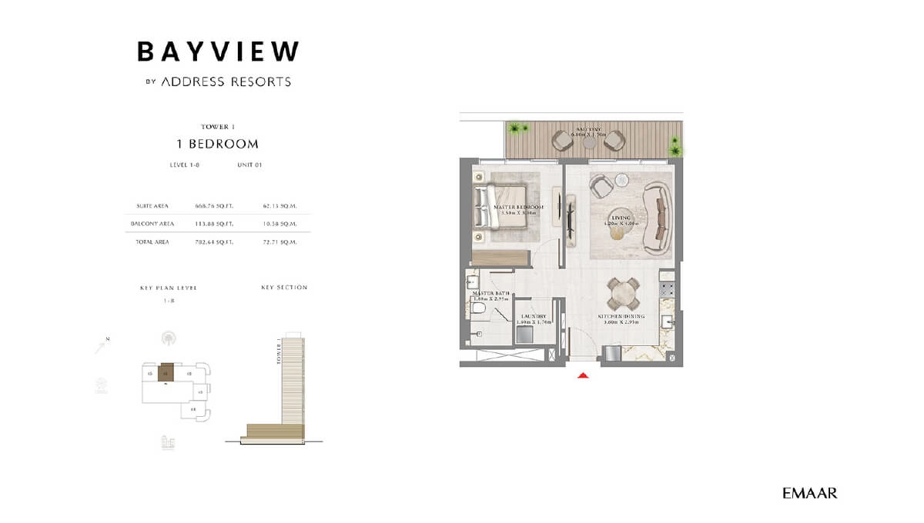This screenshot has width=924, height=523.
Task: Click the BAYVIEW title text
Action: point(218,52)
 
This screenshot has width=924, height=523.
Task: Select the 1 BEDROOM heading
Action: point(218,144)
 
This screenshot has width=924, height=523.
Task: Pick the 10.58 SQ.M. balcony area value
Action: point(280,224)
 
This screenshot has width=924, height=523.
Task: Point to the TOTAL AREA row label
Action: point(152,242)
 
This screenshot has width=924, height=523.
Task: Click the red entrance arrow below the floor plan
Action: point(584,375)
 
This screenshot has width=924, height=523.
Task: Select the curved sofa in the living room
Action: point(661,217)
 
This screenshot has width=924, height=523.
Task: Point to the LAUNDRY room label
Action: point(533,316)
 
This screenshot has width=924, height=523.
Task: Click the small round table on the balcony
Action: point(589,142)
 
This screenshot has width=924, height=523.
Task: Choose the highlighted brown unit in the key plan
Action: point(166,372)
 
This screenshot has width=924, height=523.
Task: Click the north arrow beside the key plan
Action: point(102,346)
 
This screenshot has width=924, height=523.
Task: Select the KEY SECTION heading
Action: point(284,288)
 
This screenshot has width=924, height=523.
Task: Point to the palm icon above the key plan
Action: point(168,338)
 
